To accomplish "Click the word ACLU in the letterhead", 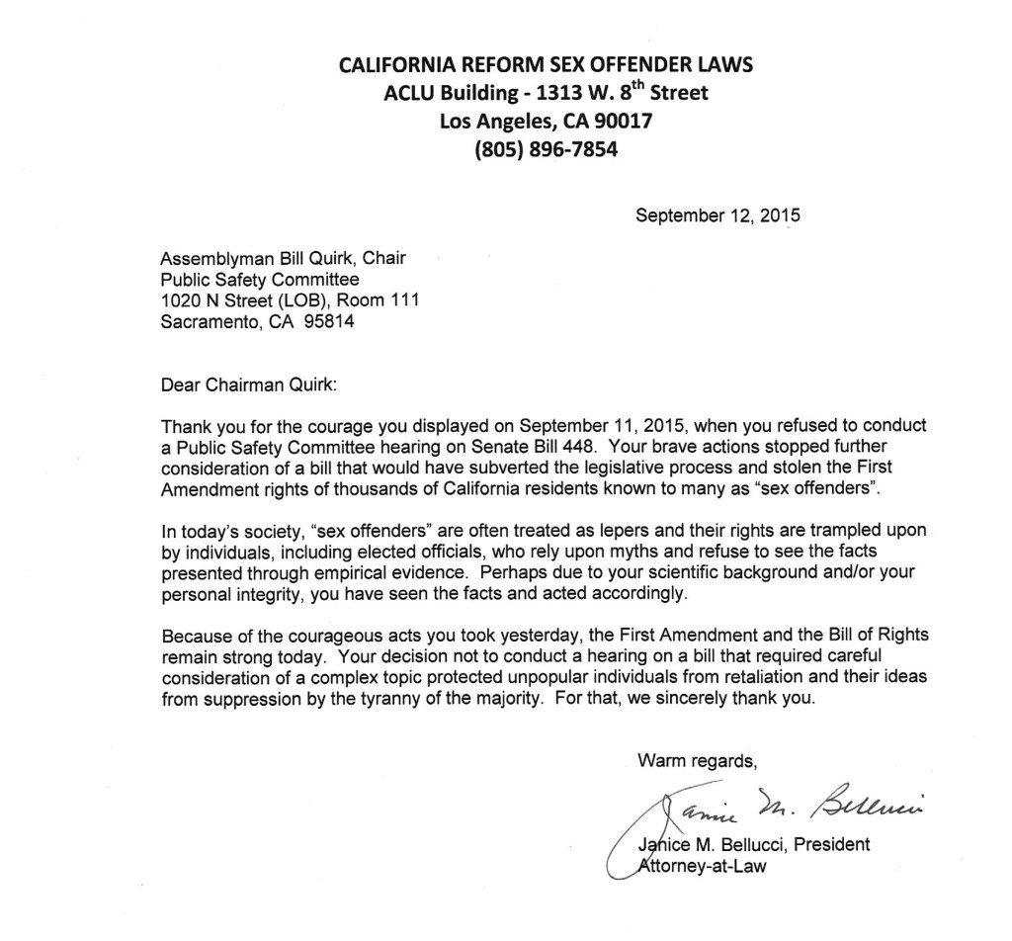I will [411, 94].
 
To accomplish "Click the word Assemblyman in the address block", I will [215, 259].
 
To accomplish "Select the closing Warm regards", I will [698, 760].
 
